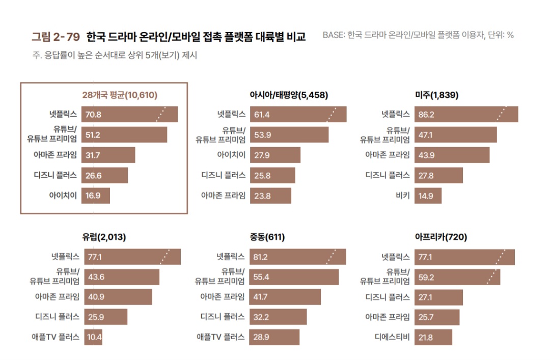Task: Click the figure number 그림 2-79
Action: coord(56,36)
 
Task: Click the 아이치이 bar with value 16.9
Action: coord(96,196)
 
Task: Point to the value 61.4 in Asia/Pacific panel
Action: coord(262,115)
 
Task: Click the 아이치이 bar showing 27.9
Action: coord(275,155)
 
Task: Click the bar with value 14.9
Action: coord(428,196)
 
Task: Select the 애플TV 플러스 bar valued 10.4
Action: coord(95,337)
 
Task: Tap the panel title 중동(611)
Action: coord(267,237)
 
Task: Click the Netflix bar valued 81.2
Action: coord(298,257)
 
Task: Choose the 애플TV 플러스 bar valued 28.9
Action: coord(274,337)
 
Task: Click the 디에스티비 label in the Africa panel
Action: coord(392,337)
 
